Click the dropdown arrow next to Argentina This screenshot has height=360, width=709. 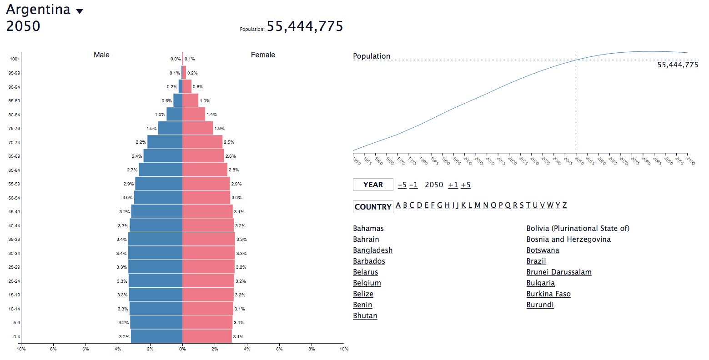tap(80, 11)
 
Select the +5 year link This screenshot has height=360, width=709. tap(465, 185)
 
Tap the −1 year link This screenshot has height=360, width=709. tap(413, 185)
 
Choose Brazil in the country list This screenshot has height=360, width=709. tap(536, 261)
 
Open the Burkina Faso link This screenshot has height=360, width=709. tap(548, 294)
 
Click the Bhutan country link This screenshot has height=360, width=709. tap(365, 315)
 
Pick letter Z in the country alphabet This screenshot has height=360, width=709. tap(564, 205)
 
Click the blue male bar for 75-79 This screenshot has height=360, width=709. tap(170, 128)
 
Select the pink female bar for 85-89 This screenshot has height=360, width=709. tap(190, 100)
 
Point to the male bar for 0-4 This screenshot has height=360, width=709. tap(156, 336)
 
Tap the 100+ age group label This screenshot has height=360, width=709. tap(15, 59)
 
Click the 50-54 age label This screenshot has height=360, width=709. tap(14, 198)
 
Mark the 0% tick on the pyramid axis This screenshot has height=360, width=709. tap(182, 349)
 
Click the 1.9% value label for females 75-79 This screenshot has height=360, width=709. tap(220, 129)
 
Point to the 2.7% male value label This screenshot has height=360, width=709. tap(132, 170)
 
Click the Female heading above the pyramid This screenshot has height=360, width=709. tap(263, 55)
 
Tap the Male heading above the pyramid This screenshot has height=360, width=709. tap(101, 55)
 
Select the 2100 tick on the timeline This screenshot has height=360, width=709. tap(690, 160)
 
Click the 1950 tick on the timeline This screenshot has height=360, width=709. tap(356, 160)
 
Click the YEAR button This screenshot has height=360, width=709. tap(373, 185)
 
